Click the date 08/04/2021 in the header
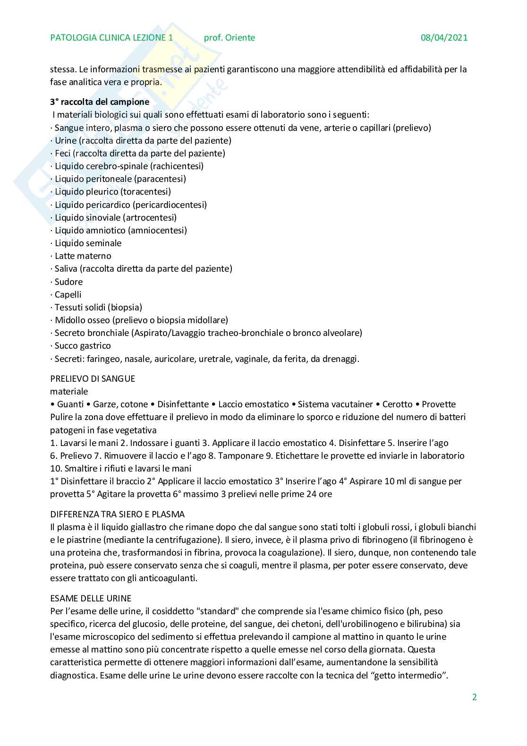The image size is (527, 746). click(x=444, y=38)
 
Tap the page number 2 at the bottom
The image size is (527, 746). click(x=475, y=697)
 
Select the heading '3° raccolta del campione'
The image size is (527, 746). click(x=100, y=102)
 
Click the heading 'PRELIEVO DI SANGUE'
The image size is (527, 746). click(x=93, y=378)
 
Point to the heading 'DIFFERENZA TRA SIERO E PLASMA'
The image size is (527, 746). click(x=117, y=514)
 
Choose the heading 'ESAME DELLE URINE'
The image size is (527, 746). click(x=91, y=599)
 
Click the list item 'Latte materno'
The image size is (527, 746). click(x=83, y=256)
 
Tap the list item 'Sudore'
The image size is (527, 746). click(x=68, y=282)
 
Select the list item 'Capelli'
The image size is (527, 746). click(x=68, y=295)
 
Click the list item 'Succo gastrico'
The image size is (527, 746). click(x=83, y=346)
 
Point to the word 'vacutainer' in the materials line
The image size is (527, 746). click(x=352, y=404)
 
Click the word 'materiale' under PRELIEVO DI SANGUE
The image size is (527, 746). click(x=69, y=392)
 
